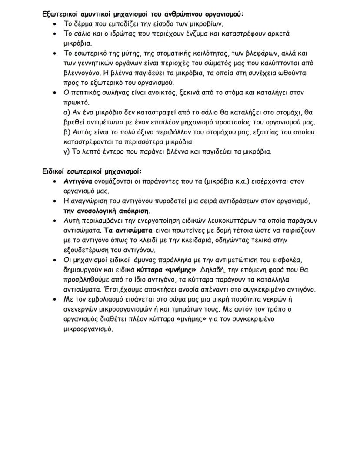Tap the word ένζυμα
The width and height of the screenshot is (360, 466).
[188, 34]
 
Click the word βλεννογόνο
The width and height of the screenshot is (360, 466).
[83, 73]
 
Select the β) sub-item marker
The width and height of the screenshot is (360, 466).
[67, 132]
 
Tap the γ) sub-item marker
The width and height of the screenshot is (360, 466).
[67, 152]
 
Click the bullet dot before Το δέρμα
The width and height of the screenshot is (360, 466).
[54, 24]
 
